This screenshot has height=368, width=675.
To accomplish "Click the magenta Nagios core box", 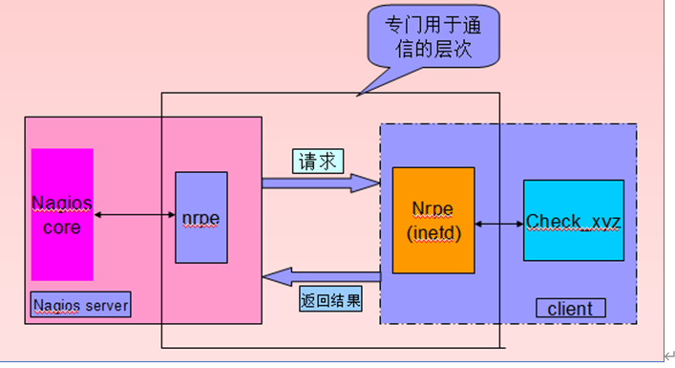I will point(62,214).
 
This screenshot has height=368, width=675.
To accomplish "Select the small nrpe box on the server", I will point(201,218).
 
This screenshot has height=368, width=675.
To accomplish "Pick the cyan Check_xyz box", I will point(573,221).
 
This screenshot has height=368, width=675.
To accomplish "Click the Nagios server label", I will point(80,306).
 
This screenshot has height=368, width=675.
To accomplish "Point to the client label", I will point(570,309).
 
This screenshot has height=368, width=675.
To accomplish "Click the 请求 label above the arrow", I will point(317,162).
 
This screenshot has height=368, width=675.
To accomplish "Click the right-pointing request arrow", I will point(320,182).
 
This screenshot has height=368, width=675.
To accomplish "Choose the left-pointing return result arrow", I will point(320,277).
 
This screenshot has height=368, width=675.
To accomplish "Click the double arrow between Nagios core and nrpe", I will point(135,216).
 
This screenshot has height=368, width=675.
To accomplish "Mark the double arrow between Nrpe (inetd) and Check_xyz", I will point(498,224).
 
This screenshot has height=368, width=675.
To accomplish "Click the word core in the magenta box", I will point(62,228).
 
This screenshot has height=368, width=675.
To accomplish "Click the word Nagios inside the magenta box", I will point(62,203).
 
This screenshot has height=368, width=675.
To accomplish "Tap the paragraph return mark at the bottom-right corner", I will point(668,355).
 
